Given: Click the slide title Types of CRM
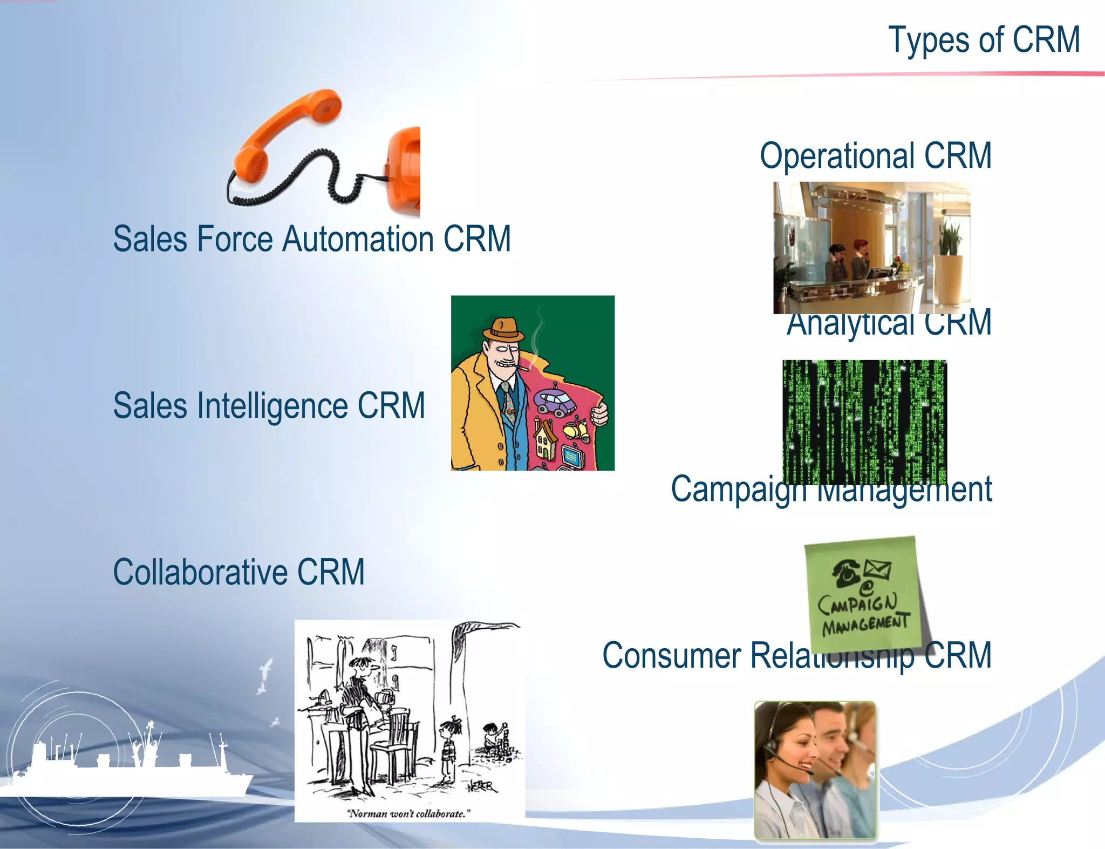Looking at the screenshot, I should [984, 40].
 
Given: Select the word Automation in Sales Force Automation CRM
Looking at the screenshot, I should [358, 239].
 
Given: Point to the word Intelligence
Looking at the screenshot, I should [272, 406].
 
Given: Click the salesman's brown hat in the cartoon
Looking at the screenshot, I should [503, 328].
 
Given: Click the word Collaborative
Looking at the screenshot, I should [200, 572].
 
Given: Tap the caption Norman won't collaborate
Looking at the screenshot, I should [408, 813].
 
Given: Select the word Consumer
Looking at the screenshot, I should [672, 656].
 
